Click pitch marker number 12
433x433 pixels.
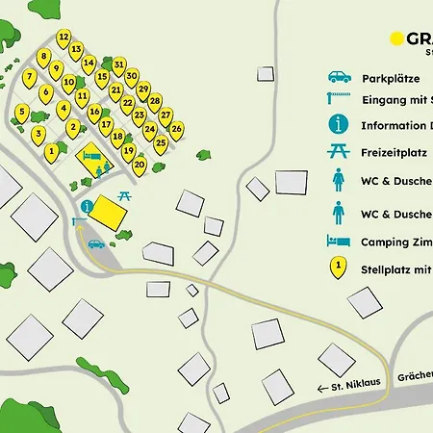[x=64, y=38]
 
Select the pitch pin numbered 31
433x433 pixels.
[x=119, y=65]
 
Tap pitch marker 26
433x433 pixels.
[x=177, y=128]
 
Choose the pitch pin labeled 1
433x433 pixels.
[x=51, y=151]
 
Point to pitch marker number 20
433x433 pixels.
[x=140, y=165]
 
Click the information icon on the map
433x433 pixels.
[x=88, y=205]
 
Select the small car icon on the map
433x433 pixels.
[x=96, y=243]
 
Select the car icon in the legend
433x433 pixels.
[x=338, y=77]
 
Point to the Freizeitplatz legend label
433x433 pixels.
[x=395, y=152]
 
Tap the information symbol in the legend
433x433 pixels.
[x=338, y=124]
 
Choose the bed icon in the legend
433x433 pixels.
[x=338, y=241]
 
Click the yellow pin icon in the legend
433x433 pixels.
[x=338, y=268]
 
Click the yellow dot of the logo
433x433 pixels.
[x=395, y=38]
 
